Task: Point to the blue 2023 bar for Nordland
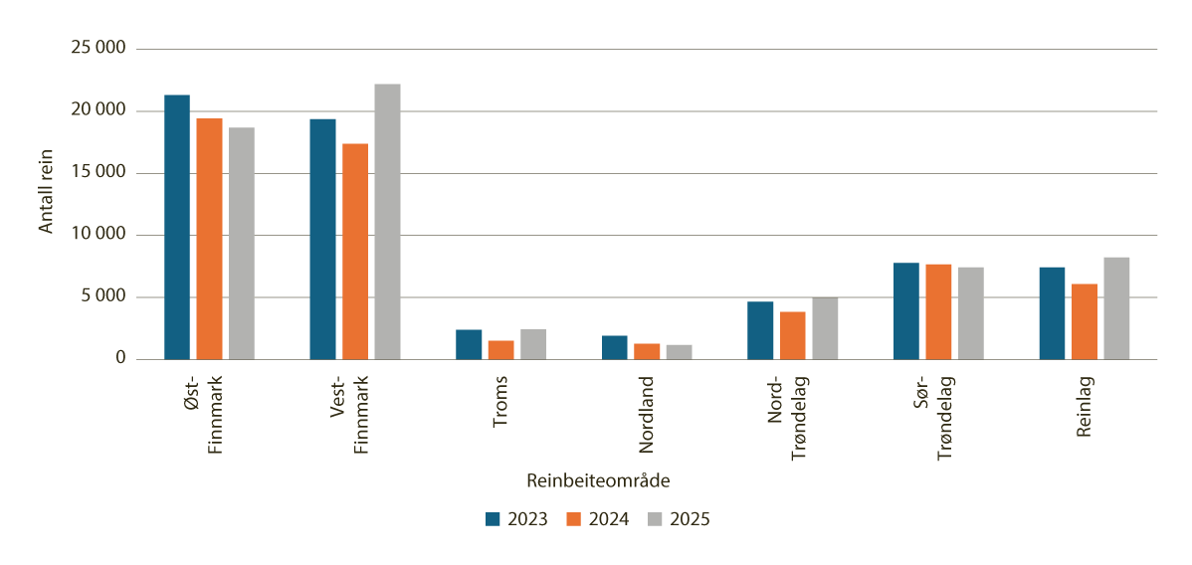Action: [614, 348]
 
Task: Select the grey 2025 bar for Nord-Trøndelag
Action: [824, 328]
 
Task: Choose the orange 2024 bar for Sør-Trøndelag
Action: [938, 311]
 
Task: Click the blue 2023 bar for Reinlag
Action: [1052, 313]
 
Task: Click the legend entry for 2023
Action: [516, 519]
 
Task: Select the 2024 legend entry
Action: [597, 519]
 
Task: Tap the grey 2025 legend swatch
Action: [656, 519]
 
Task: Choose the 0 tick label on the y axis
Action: [118, 359]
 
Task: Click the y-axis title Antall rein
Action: [46, 191]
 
